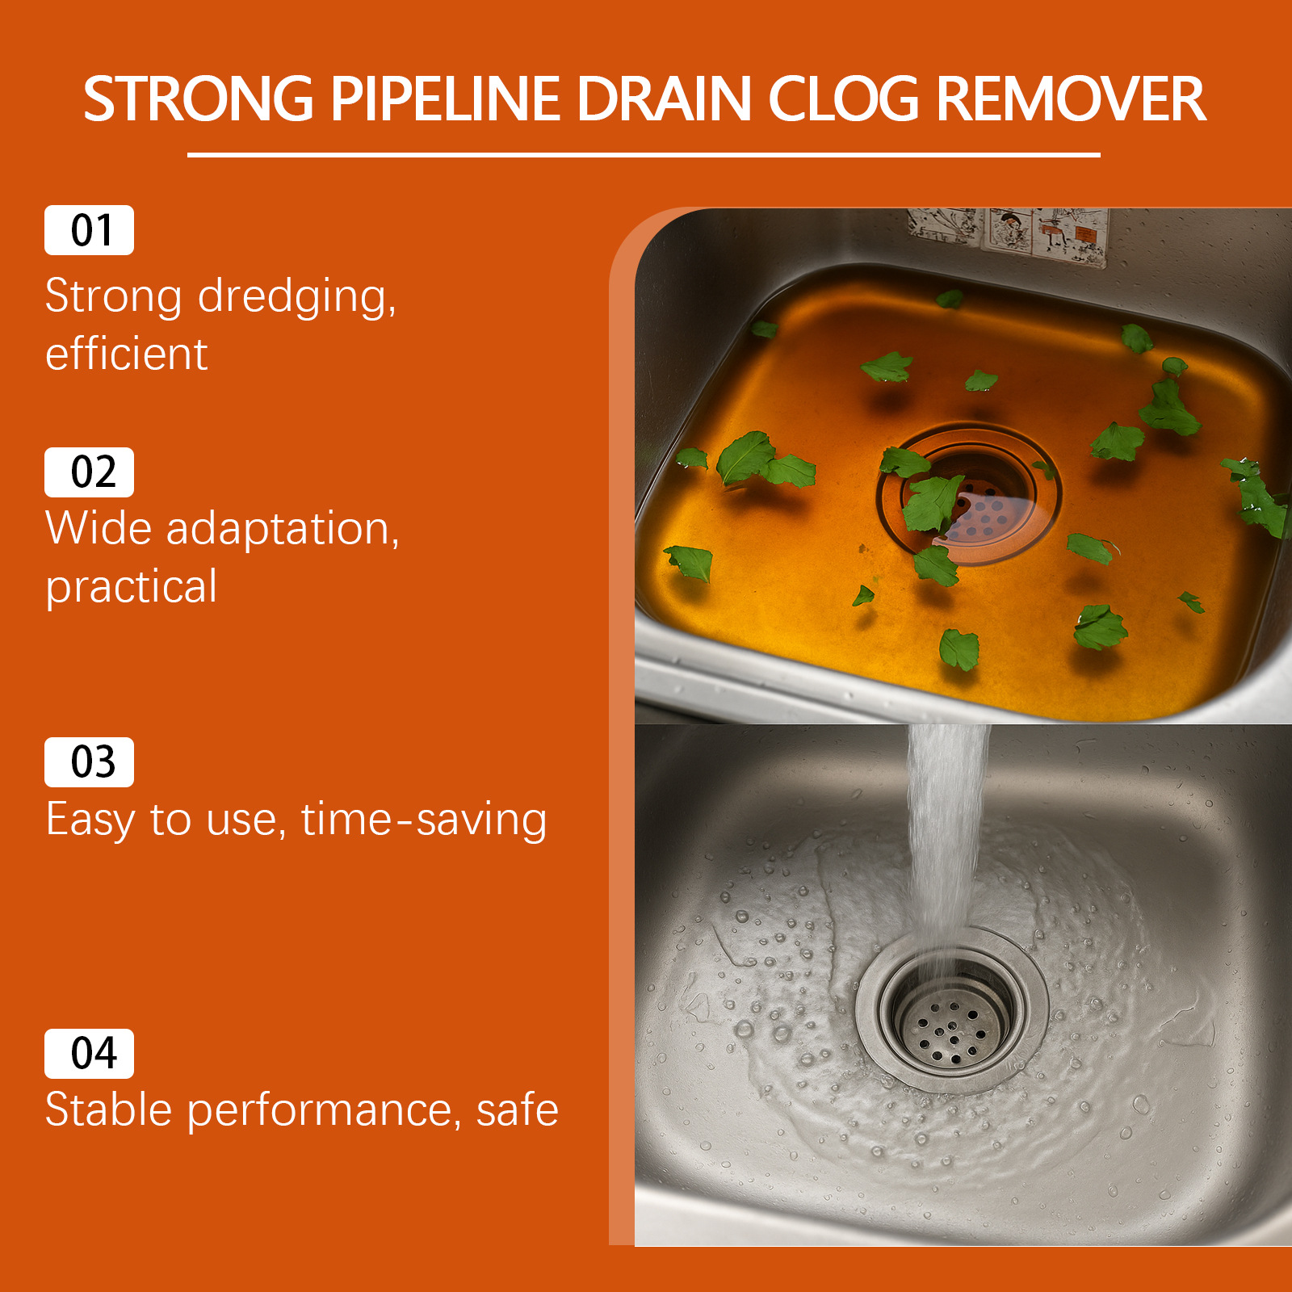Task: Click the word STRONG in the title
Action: (199, 99)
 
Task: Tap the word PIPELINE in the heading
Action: (445, 99)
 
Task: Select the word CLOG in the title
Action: (843, 99)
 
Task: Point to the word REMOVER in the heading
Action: (1071, 99)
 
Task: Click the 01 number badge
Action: (89, 230)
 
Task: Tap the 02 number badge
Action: (89, 472)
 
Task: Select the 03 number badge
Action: (89, 762)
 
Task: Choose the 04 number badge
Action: (89, 1054)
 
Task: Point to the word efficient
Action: (127, 354)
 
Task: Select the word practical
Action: (132, 587)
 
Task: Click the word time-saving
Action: (424, 820)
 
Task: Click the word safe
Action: (518, 1110)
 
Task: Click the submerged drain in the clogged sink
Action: (969, 494)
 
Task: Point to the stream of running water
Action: (945, 840)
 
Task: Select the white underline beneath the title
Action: (644, 154)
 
